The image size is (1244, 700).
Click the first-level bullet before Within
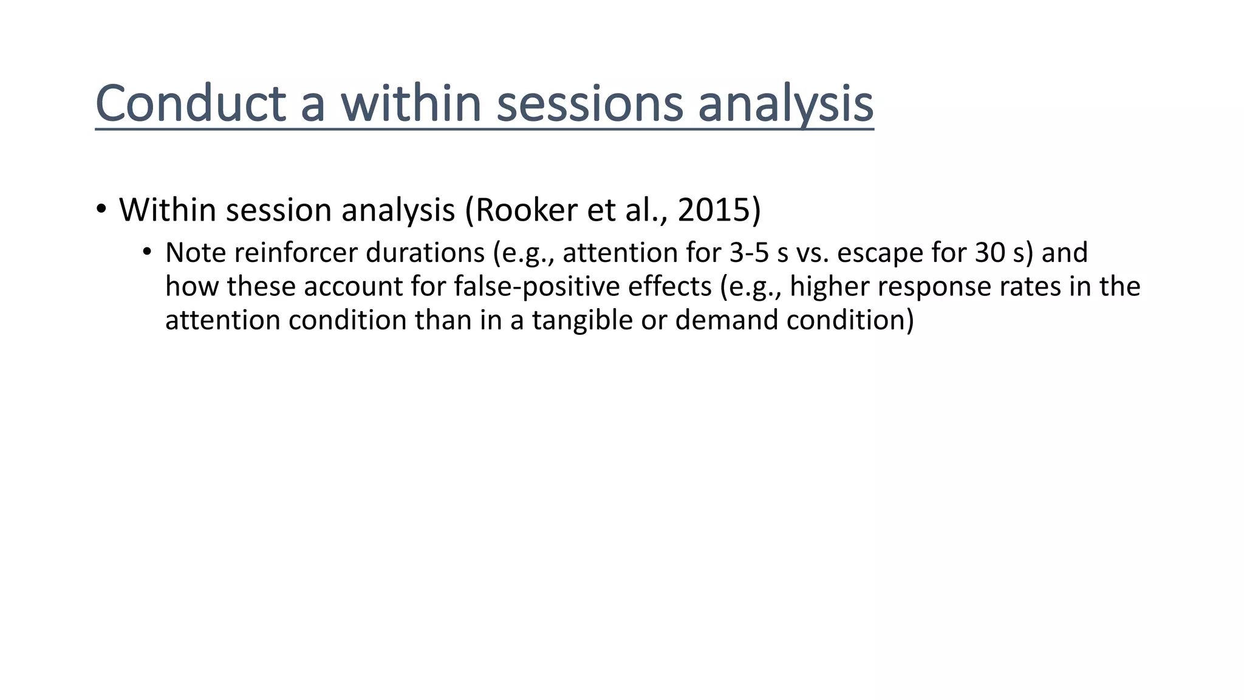(101, 210)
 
